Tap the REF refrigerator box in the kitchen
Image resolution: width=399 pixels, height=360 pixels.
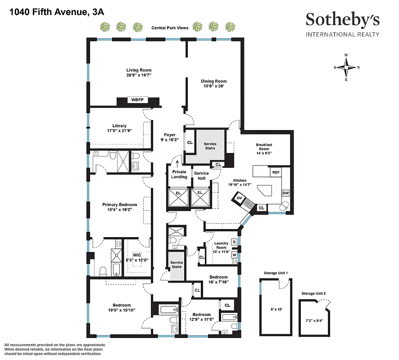click(x=275, y=172)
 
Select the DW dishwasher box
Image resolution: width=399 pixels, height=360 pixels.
click(x=286, y=193)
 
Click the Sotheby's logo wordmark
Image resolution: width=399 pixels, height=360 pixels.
click(x=342, y=19)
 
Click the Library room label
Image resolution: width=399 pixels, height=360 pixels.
click(x=119, y=126)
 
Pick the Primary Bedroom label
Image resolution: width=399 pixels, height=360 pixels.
click(x=119, y=205)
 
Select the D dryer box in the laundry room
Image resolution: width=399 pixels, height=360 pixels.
click(x=234, y=243)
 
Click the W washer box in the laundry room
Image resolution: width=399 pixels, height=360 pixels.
click(x=234, y=255)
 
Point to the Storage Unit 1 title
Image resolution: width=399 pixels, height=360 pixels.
click(x=276, y=273)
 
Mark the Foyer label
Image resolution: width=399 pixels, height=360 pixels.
click(x=169, y=135)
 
